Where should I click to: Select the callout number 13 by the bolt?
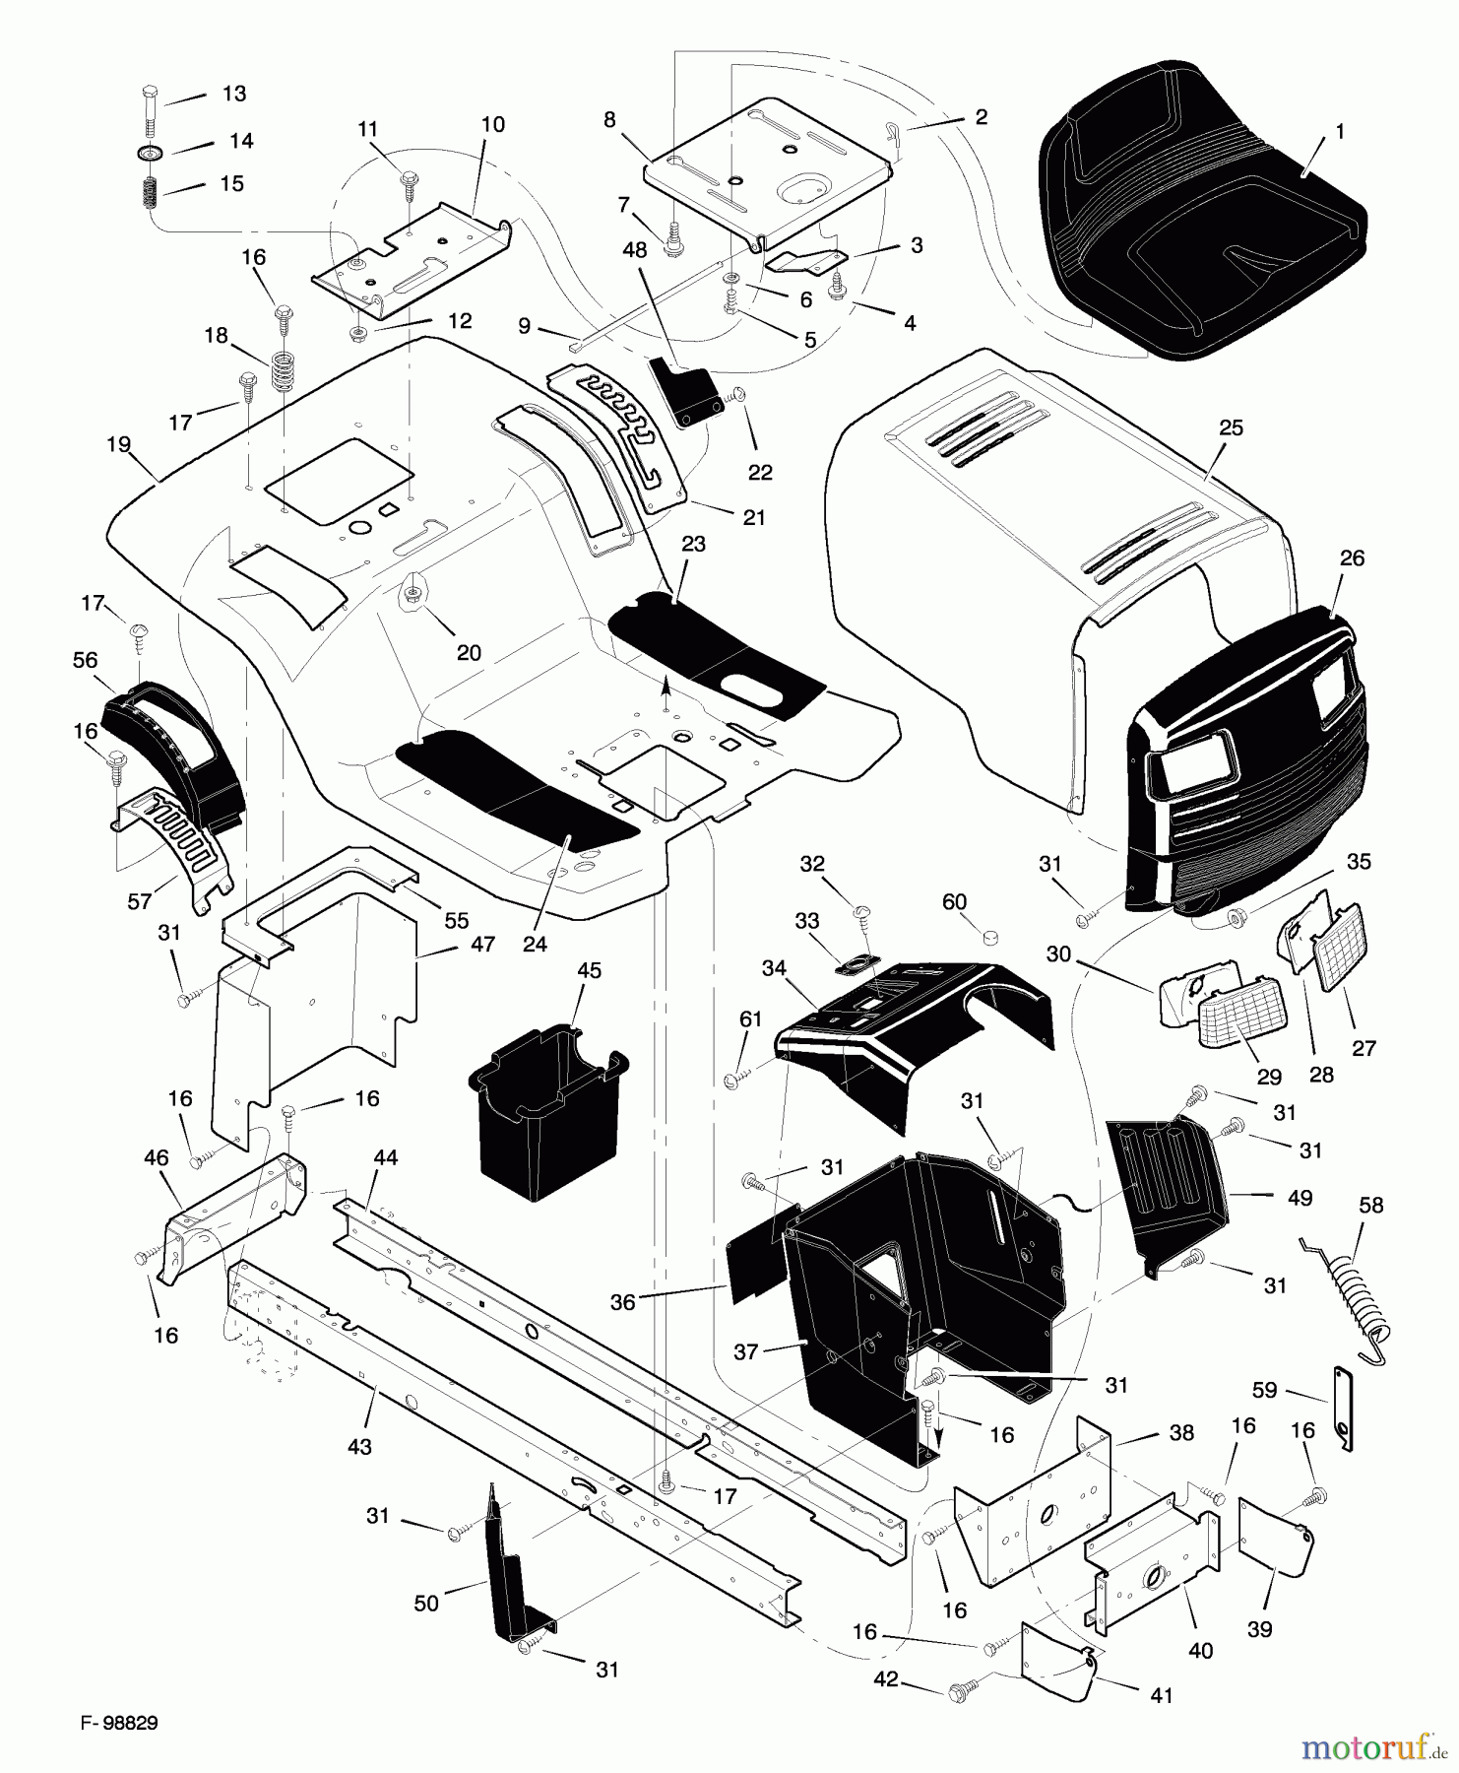[x=233, y=94]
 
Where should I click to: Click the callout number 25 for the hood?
[x=1231, y=427]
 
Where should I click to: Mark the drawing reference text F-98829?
[x=119, y=1723]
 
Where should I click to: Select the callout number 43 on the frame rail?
[x=360, y=1447]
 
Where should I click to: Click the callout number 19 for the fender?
[x=118, y=445]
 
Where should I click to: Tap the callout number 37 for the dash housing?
[x=745, y=1351]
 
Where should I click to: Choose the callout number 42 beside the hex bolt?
[x=886, y=1678]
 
